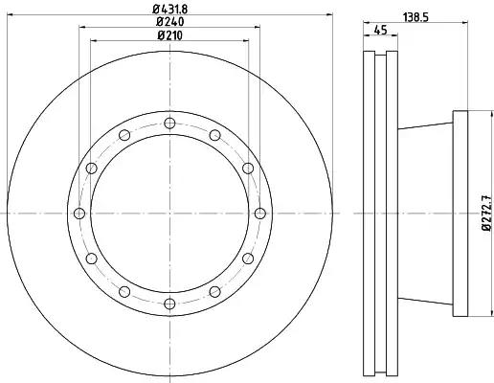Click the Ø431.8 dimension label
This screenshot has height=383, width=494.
(x=170, y=9)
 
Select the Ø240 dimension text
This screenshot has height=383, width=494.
(x=170, y=22)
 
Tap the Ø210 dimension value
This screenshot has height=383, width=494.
(x=170, y=35)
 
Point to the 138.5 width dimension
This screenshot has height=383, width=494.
(x=415, y=16)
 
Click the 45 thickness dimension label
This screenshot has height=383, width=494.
(x=380, y=30)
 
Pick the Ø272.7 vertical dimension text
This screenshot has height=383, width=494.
(x=487, y=214)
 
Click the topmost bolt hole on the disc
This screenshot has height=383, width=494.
(x=169, y=123)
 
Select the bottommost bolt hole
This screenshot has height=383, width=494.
(x=169, y=304)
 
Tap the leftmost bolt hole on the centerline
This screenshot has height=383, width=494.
(x=79, y=214)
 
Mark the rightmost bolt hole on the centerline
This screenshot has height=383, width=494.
(x=260, y=214)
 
